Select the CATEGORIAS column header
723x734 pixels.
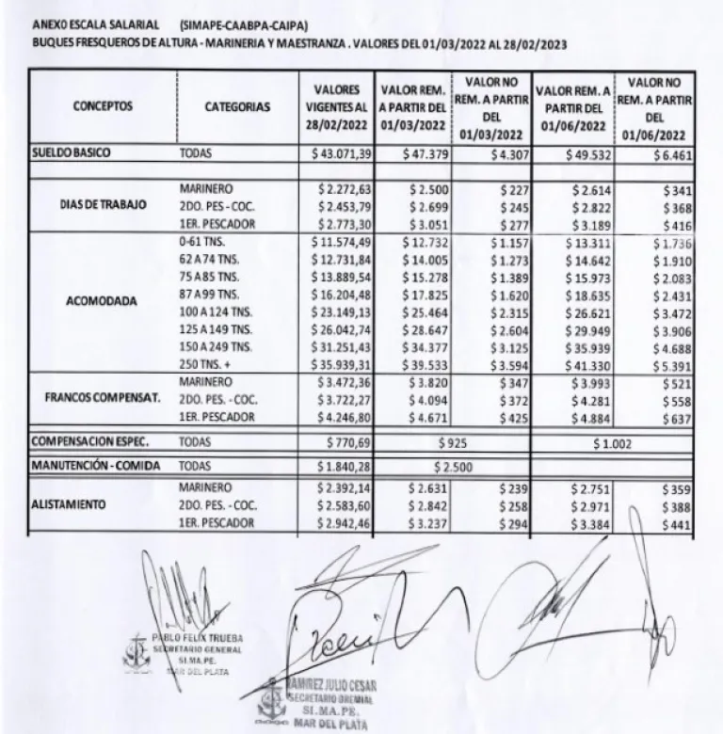pos(237,107)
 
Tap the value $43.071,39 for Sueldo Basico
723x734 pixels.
pos(344,152)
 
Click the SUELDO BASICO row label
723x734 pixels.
pos(68,152)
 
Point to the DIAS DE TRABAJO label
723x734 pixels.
pos(104,204)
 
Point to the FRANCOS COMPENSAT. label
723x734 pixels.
pos(100,397)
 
